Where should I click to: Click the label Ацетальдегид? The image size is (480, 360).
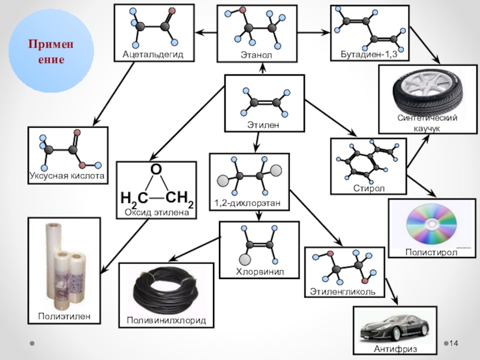click(x=152, y=55)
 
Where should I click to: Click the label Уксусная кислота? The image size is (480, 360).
click(x=67, y=176)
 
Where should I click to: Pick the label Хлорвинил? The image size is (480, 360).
click(x=259, y=272)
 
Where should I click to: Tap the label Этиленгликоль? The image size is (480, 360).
click(x=343, y=292)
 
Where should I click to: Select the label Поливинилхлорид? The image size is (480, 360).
click(x=166, y=321)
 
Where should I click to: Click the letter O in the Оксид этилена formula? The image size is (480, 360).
click(x=156, y=171)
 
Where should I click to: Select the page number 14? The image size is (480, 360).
click(x=454, y=343)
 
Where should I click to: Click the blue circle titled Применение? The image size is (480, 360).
click(x=53, y=53)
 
